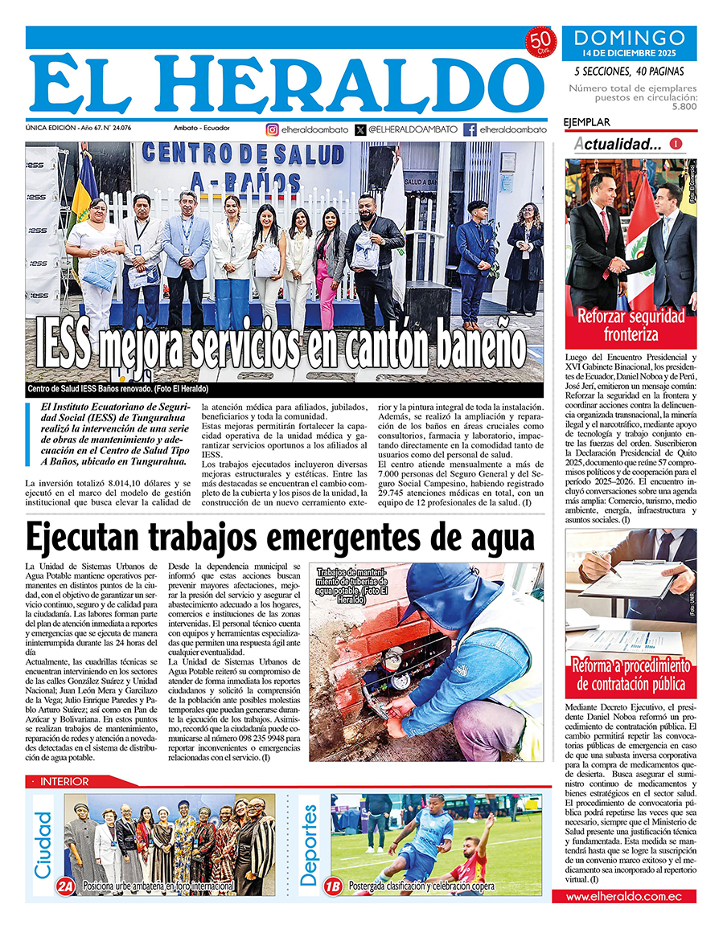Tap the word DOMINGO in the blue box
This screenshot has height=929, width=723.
click(x=630, y=38)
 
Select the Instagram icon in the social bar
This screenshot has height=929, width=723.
click(x=273, y=129)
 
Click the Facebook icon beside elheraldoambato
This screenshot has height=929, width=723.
click(x=470, y=129)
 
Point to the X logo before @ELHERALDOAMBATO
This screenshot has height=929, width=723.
click(x=359, y=129)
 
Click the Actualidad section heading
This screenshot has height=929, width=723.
click(x=618, y=145)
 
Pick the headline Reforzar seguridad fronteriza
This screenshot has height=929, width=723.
click(x=631, y=325)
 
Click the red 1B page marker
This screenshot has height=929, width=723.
click(x=332, y=886)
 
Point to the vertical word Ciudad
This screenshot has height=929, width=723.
click(x=43, y=844)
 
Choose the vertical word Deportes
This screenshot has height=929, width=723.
click(x=310, y=844)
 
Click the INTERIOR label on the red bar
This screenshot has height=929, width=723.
click(x=64, y=781)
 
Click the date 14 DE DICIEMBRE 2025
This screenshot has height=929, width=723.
click(x=630, y=54)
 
